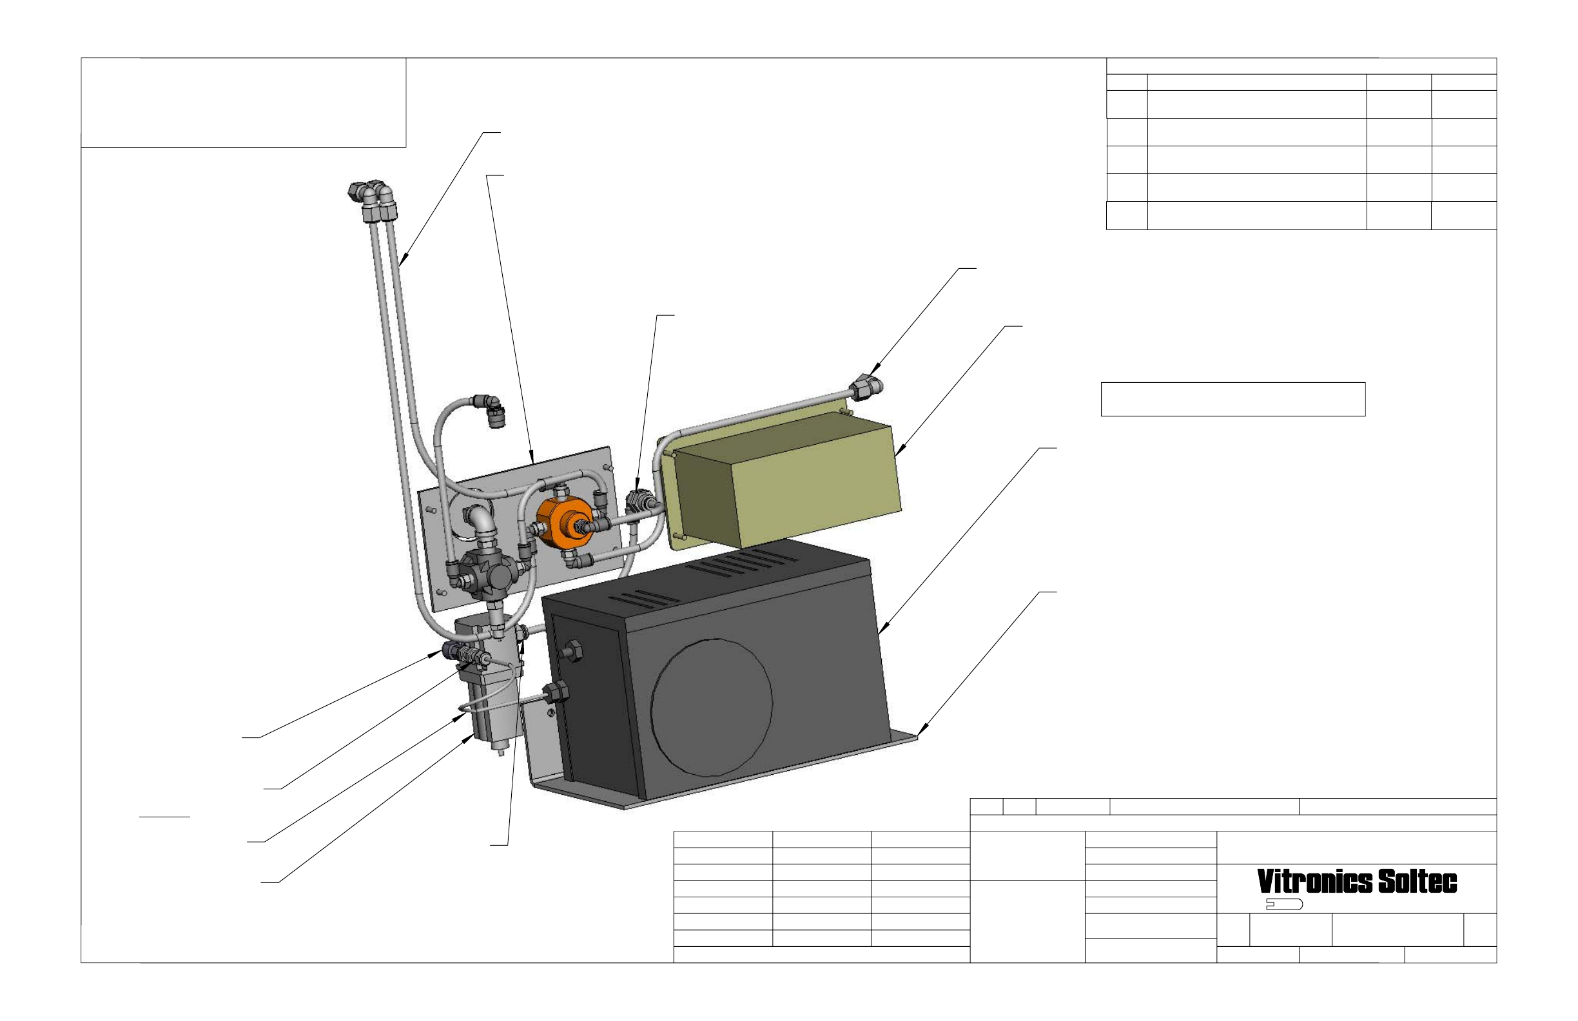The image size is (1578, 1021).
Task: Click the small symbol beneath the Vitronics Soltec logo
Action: coord(1284,904)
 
